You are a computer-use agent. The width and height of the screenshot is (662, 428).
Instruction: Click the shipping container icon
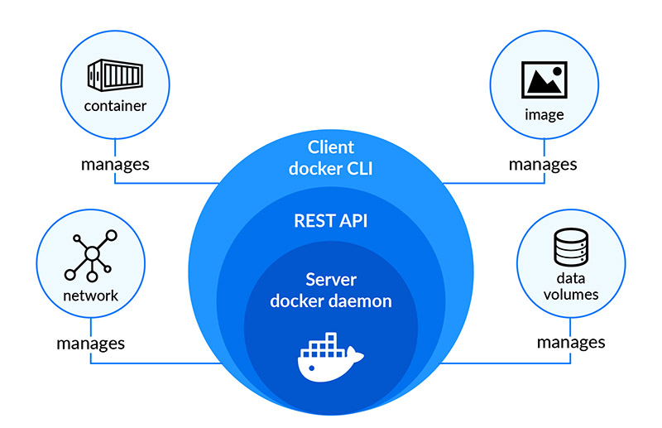coord(115,76)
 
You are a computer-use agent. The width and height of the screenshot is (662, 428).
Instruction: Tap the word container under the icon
coord(115,106)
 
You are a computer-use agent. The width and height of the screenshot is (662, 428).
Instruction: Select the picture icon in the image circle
coord(544,79)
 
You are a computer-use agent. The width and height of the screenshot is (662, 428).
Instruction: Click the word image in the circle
coord(544,114)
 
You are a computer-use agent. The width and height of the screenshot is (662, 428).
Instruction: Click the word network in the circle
coord(90,296)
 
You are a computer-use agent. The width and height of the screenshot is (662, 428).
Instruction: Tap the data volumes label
coord(570,286)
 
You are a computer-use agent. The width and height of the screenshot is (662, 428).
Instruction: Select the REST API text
coord(331,221)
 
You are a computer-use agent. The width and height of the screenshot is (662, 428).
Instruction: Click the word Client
coord(331,147)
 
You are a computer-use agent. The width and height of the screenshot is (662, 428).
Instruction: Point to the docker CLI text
coord(331,169)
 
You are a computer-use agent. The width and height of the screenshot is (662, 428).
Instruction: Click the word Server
coord(331,279)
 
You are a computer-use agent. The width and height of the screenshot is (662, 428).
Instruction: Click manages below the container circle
coord(115,163)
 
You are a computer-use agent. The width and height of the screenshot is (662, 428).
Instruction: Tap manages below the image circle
coord(543,163)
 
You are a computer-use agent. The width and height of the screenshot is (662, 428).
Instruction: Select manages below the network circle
coord(90,342)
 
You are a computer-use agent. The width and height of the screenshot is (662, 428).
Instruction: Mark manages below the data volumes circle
coord(570,341)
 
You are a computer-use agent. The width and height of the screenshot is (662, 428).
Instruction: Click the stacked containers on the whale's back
coord(325,343)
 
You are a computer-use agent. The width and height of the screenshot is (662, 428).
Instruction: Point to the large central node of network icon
coord(91,253)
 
